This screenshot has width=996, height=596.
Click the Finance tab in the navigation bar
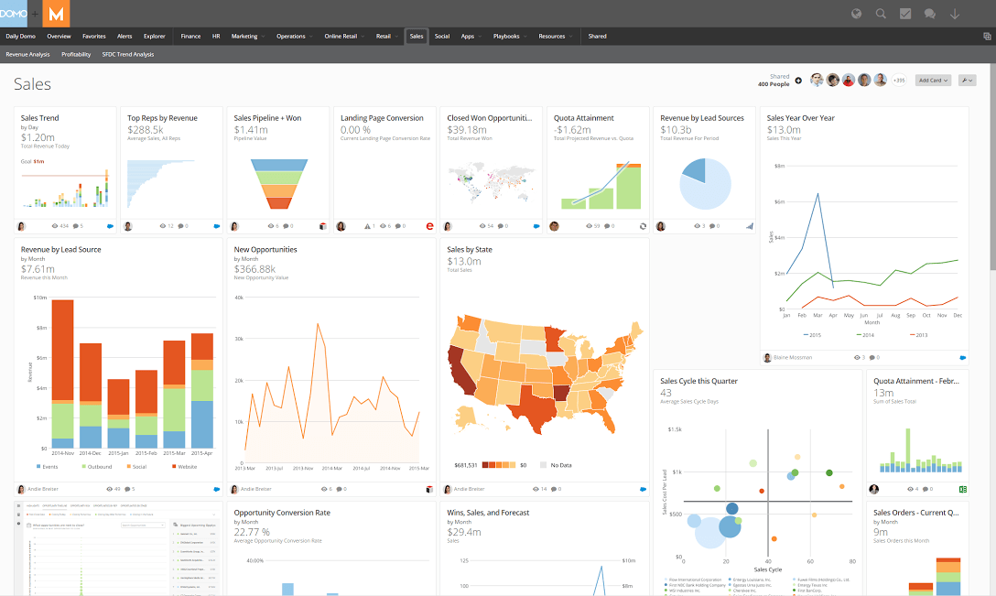pos(190,37)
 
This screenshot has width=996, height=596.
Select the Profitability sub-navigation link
pos(76,55)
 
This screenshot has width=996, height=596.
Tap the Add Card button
pos(933,81)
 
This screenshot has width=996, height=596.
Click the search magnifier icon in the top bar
pos(881,14)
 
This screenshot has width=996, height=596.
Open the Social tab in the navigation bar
pos(442,37)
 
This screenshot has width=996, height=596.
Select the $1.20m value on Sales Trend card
pos(38,137)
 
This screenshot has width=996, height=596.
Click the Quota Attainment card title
pos(583,118)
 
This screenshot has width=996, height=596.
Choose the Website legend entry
pos(186,467)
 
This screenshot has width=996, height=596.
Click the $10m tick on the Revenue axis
pos(39,298)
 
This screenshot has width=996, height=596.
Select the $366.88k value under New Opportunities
pos(254,269)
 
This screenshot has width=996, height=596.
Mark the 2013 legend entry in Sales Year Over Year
pos(919,336)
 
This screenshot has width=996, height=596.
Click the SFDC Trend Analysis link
pos(128,55)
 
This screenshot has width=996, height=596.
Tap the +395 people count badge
pos(898,81)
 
